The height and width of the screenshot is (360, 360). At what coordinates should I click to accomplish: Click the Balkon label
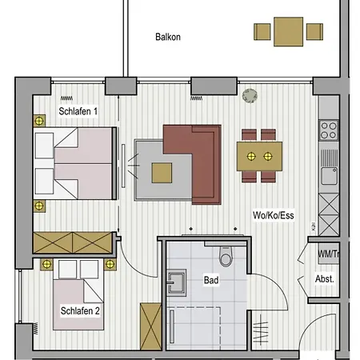[168, 37]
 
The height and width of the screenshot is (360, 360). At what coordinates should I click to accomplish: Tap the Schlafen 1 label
[78, 111]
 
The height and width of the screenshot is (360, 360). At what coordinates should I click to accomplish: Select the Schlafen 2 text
[80, 310]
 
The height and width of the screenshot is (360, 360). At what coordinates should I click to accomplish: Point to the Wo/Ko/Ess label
[274, 215]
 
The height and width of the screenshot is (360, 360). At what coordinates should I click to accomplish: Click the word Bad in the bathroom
[211, 280]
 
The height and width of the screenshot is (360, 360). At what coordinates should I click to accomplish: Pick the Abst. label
[325, 279]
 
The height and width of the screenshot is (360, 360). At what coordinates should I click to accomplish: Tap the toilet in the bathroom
[226, 257]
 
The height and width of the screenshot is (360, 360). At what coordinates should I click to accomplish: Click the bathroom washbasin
[176, 282]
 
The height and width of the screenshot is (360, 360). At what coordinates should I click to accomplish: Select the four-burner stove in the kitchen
[329, 130]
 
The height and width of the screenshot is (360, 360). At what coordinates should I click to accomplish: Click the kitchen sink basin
[329, 176]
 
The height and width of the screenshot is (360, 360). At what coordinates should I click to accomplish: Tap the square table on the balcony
[288, 32]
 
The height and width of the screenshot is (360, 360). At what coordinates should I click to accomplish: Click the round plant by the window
[250, 96]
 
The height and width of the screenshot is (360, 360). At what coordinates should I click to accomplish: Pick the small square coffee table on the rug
[162, 173]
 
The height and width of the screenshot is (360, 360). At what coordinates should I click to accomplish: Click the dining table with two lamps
[259, 156]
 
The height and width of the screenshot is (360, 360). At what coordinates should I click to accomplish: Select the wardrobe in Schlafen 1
[73, 242]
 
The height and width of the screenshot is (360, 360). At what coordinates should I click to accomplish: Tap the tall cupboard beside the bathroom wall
[151, 326]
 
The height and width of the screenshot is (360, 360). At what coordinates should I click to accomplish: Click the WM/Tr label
[329, 254]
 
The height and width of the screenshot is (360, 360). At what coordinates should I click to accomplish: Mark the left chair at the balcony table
[262, 32]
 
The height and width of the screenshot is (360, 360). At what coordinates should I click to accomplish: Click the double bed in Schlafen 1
[74, 163]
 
